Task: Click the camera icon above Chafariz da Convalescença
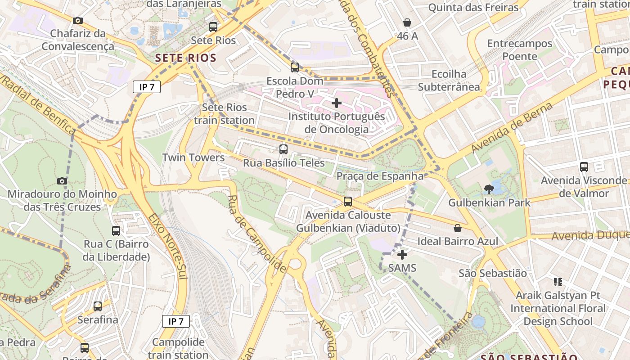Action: coord(78,20)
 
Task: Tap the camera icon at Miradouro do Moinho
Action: coord(62,181)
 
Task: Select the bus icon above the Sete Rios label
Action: coord(213,27)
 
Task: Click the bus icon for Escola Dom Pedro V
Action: coord(295,67)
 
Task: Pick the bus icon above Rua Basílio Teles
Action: coord(283,149)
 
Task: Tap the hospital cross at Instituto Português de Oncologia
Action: coord(336,103)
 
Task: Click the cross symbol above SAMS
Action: coord(402,255)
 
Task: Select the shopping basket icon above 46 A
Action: coord(407,22)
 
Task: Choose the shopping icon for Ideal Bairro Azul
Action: coord(458,228)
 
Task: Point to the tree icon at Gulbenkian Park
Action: coord(489,189)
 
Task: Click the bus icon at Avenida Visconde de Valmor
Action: coord(584,167)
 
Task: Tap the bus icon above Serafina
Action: coord(98,306)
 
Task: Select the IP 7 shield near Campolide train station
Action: coord(176,321)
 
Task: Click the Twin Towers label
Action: coord(193,157)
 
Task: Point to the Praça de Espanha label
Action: coord(380,176)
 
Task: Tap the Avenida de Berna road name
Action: coord(512,128)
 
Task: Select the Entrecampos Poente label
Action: coord(520,50)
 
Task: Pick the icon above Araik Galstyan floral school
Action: coord(558,282)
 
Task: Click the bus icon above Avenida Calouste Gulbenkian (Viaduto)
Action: coord(348,202)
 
